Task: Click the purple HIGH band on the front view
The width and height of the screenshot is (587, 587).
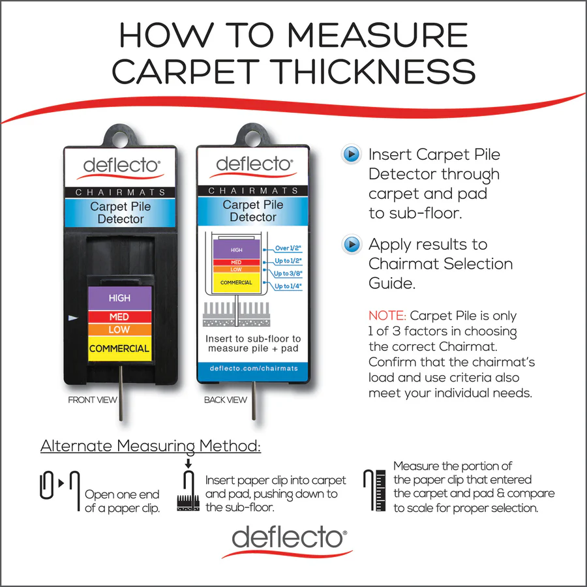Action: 119,297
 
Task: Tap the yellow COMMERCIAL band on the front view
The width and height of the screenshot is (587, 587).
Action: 119,348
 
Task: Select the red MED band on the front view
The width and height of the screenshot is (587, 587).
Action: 119,316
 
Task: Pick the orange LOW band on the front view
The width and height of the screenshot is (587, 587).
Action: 119,329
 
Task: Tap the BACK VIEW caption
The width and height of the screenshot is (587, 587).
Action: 226,400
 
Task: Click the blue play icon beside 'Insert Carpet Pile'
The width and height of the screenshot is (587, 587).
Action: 352,155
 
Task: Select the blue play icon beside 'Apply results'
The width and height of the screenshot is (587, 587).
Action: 352,245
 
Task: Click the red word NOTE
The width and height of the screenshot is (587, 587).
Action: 387,316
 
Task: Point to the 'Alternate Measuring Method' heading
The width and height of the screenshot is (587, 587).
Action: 151,447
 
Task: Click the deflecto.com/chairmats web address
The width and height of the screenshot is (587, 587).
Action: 254,369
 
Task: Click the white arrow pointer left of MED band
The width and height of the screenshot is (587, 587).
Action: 73,318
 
